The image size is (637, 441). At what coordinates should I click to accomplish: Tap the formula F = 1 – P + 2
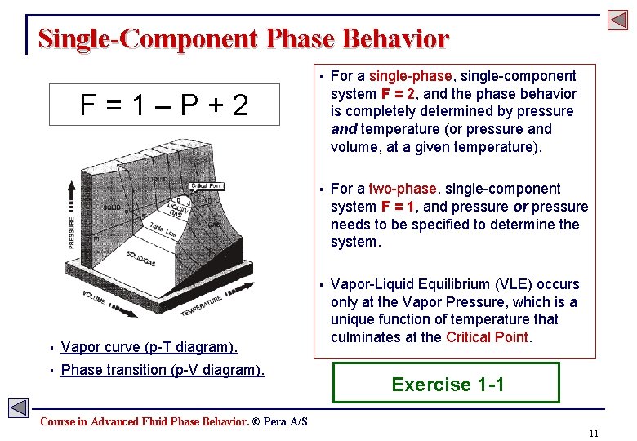tap(164, 105)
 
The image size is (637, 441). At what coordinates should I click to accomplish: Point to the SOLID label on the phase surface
tap(113, 207)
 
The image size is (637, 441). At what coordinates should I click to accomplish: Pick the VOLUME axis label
tap(91, 306)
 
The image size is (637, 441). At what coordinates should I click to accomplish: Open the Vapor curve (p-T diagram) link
tap(149, 347)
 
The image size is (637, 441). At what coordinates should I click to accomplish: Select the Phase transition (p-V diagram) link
tap(163, 370)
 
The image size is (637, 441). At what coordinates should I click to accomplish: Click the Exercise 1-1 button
tap(447, 384)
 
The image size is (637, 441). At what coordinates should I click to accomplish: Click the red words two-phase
tap(397, 189)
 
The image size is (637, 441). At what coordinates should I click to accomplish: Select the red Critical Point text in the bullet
tap(487, 337)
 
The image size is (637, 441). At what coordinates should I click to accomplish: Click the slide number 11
tap(593, 432)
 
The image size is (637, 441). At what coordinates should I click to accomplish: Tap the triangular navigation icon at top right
tap(616, 20)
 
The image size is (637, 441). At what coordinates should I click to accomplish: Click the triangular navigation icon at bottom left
tap(18, 408)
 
